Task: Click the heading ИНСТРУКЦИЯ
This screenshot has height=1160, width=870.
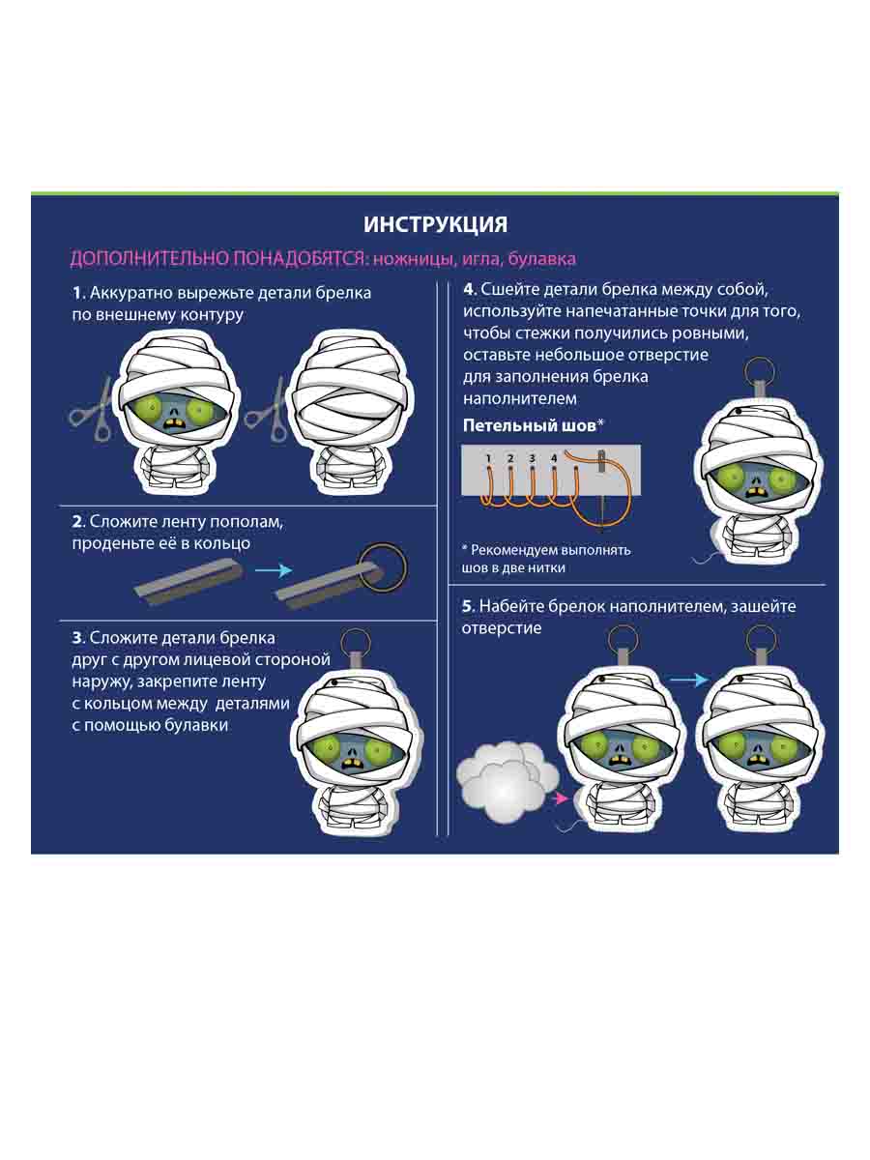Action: pyautogui.click(x=435, y=224)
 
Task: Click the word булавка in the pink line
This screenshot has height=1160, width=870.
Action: pyautogui.click(x=541, y=259)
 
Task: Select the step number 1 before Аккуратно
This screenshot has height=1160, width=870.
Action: pyautogui.click(x=78, y=293)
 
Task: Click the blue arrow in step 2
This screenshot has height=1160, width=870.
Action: pyautogui.click(x=274, y=570)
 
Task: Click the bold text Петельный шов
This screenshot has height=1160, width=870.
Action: pyautogui.click(x=530, y=426)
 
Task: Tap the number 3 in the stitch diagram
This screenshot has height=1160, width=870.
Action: pyautogui.click(x=533, y=458)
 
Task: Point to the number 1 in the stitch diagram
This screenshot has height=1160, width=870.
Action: pyautogui.click(x=488, y=458)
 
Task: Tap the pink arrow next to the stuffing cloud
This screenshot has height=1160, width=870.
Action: pyautogui.click(x=560, y=798)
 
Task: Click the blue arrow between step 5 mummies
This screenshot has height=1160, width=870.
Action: pyautogui.click(x=689, y=680)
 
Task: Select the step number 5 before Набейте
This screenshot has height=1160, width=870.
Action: pyautogui.click(x=467, y=606)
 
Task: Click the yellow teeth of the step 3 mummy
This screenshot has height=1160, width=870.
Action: pyautogui.click(x=351, y=763)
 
